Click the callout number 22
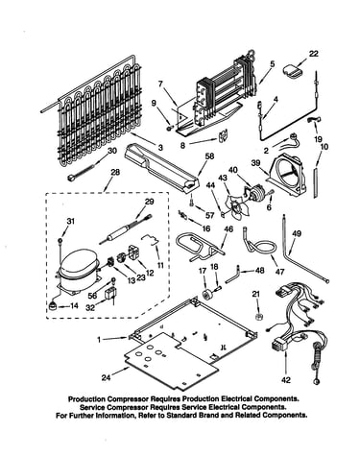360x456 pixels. click(x=313, y=54)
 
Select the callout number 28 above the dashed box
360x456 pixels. click(x=115, y=173)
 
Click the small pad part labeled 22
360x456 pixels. click(x=292, y=71)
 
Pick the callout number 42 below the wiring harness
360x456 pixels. click(x=286, y=380)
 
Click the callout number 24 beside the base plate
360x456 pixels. click(x=106, y=377)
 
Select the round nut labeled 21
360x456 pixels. click(x=257, y=317)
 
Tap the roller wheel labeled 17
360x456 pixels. click(x=204, y=294)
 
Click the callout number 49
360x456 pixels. click(x=297, y=234)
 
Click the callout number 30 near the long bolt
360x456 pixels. click(x=112, y=151)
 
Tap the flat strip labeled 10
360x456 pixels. click(x=316, y=181)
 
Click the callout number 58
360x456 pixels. click(x=210, y=156)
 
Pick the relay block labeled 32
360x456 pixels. click(x=109, y=295)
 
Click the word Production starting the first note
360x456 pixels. click(x=87, y=399)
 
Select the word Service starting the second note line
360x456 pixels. click(x=92, y=407)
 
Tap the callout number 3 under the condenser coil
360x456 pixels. click(x=160, y=148)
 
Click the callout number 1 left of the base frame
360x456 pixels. click(x=99, y=340)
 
